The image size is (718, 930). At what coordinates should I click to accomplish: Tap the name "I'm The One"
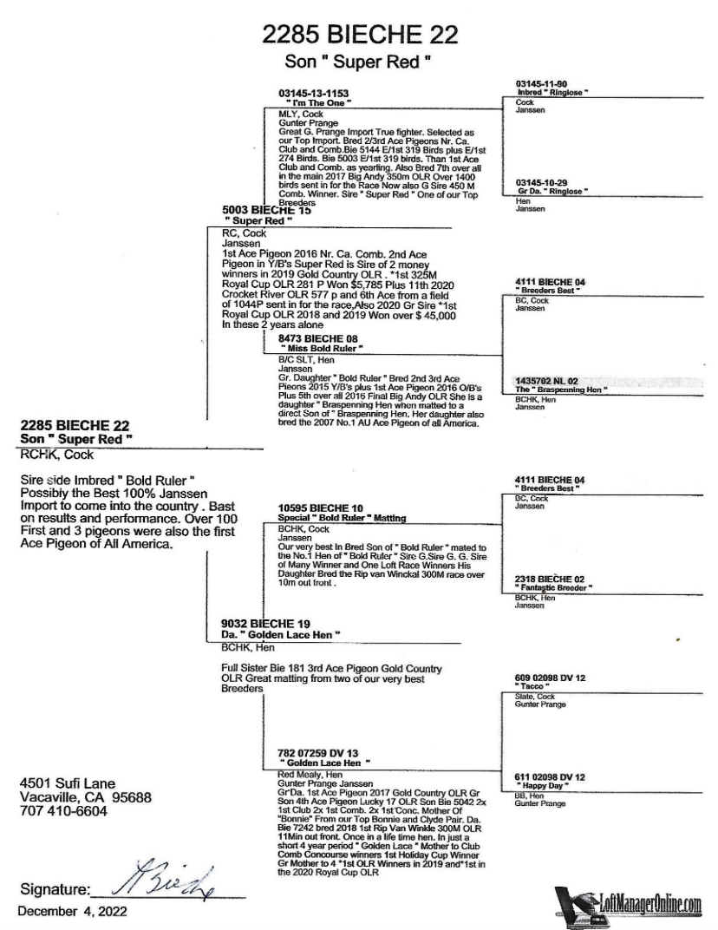tap(317, 102)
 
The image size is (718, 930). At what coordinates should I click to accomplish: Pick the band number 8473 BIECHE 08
tap(317, 338)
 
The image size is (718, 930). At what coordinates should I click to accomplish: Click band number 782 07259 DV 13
tap(318, 753)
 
